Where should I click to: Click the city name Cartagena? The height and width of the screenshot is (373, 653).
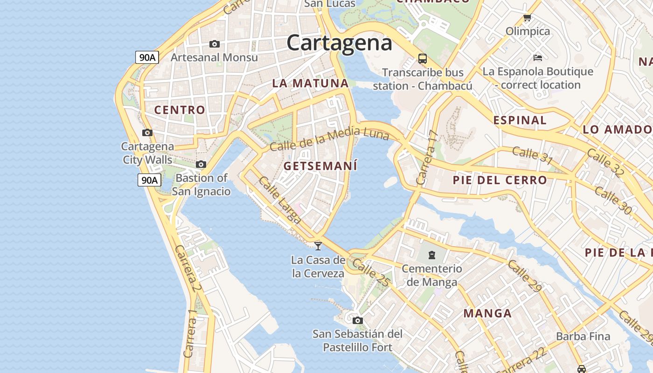coord(339,43)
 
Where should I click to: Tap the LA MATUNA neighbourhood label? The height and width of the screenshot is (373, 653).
coord(310,83)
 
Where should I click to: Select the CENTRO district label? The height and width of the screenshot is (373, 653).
coord(180,110)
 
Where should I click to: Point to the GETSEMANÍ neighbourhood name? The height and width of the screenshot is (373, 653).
coord(320,166)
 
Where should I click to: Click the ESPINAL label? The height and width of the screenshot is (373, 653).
coord(520,120)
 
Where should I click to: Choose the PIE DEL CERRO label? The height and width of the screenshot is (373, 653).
coord(500,180)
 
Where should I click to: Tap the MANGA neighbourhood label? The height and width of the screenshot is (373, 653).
coord(487,313)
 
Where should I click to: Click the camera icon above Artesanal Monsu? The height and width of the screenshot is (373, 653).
coord(215,44)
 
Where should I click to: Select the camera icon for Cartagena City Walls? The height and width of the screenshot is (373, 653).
coord(147,133)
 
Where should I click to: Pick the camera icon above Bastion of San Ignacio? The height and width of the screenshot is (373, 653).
coord(201,165)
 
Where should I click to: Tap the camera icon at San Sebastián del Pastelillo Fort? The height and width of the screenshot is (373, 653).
coord(358,320)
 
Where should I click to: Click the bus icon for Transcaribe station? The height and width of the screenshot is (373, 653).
coord(423,59)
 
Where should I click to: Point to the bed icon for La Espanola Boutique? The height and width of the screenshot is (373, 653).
coord(538,58)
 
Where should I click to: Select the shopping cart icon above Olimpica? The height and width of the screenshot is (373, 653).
coord(528,18)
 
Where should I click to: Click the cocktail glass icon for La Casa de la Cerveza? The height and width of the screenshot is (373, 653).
coord(318,246)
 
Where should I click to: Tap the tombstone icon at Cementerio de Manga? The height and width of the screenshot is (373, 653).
coord(432,255)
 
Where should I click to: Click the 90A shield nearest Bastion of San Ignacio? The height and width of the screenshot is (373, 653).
coord(149,180)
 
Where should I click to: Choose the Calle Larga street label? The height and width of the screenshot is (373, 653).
coord(279,200)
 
